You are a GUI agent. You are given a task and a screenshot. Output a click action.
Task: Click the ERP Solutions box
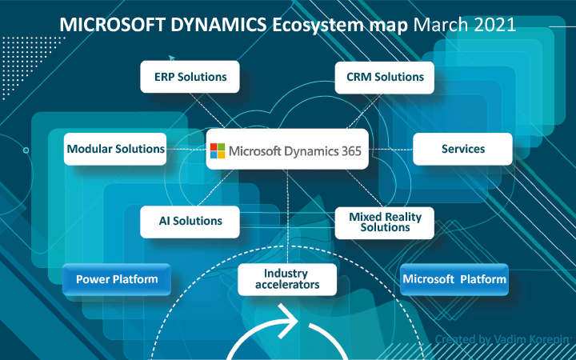[190, 78]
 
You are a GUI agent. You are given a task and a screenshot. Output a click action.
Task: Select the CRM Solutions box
[384, 78]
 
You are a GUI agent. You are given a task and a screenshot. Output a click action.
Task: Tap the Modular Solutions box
[115, 149]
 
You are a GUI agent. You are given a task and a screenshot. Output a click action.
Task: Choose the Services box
[462, 149]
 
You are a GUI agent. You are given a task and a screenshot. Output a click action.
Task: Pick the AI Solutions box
[190, 221]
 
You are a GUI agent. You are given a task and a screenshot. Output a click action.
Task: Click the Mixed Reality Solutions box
[384, 222]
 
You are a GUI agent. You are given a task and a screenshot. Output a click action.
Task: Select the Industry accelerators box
[286, 279]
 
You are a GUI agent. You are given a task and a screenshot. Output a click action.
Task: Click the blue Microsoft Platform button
[454, 279]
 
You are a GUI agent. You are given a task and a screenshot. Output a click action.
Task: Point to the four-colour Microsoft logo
[218, 150]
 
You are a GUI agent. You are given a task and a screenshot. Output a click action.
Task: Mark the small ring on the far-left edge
[26, 150]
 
